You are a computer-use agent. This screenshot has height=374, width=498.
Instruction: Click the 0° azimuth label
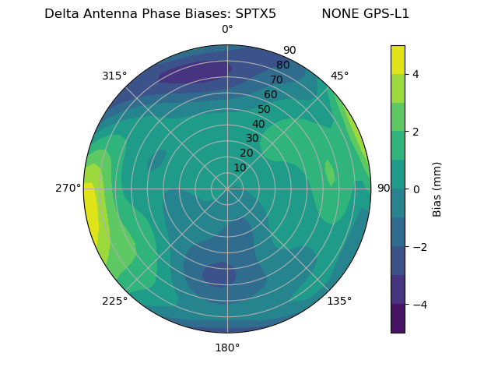[227, 30]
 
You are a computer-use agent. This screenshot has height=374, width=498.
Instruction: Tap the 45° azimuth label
[339, 76]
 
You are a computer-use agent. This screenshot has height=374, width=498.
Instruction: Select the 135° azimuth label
[339, 301]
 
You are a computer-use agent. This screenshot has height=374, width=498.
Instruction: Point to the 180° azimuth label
[227, 348]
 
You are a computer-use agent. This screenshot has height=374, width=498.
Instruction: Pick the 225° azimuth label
[114, 301]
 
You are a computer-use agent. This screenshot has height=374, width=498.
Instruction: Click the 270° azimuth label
[68, 188]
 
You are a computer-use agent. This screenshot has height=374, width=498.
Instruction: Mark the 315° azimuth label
[114, 76]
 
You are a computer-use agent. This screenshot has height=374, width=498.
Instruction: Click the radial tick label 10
[240, 168]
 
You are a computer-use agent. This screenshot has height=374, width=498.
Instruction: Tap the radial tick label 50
[264, 109]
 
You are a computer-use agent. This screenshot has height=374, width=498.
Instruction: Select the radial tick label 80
[282, 65]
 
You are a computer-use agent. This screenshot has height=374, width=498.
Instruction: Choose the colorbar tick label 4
[416, 74]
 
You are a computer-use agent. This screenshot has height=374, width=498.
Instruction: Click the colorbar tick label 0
[416, 189]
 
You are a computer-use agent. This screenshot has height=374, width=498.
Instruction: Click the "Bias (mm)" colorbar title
[437, 189]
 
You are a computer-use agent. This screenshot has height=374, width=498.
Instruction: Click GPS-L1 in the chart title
[384, 14]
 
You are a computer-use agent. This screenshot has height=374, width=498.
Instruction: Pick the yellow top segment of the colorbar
[398, 59]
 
